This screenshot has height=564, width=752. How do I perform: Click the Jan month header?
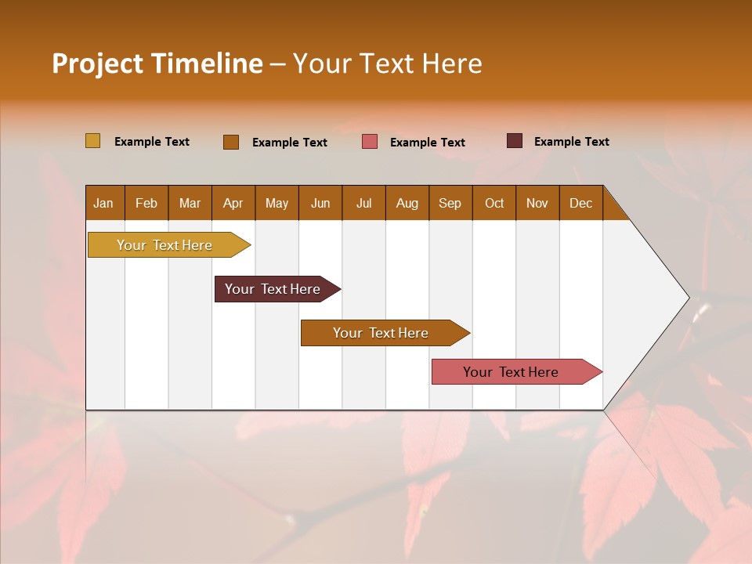[104, 203]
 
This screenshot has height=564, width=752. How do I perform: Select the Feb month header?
[146, 203]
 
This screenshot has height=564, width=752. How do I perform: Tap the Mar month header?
[190, 203]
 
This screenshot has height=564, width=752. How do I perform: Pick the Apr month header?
[233, 203]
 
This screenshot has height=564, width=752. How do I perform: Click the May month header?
[277, 203]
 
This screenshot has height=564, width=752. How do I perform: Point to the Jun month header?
[320, 203]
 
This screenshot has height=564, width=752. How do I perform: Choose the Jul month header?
[363, 203]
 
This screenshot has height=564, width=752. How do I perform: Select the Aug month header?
[407, 203]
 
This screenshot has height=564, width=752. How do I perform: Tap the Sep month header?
[450, 203]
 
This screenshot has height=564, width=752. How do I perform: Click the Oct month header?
[494, 203]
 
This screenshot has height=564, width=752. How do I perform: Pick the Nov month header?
[537, 203]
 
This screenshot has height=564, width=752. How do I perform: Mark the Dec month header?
[581, 203]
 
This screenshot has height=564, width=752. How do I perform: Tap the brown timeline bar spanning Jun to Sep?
[381, 333]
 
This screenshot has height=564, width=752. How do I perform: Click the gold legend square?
[92, 141]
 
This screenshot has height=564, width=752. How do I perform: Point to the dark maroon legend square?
[514, 141]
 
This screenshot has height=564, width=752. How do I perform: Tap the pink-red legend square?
[370, 142]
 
